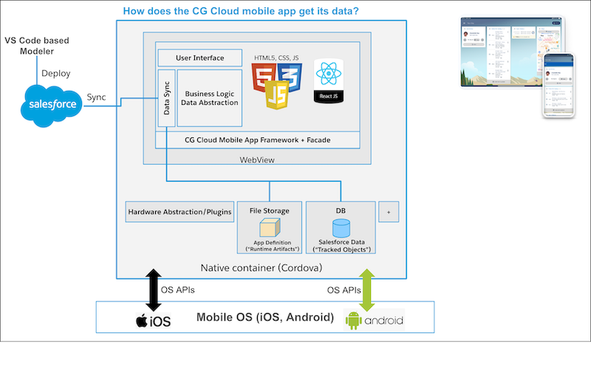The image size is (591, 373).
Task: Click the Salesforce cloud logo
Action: (x=52, y=103)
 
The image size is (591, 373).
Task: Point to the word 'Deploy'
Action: (x=57, y=74)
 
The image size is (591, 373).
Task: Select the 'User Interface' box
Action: (x=199, y=58)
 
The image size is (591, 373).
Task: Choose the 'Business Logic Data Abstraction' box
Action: (x=210, y=97)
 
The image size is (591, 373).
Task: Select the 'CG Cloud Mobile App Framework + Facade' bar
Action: (x=258, y=139)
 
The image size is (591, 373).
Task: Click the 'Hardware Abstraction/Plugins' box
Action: (x=180, y=212)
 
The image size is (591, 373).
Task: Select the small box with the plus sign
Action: (x=389, y=211)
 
